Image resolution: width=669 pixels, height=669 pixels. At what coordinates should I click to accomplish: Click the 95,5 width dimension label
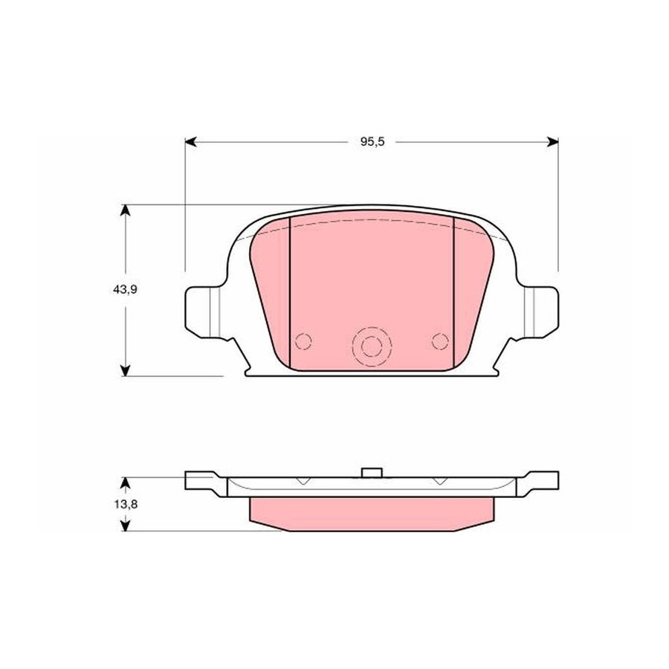(x=372, y=142)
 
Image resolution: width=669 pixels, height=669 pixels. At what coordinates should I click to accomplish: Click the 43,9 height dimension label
(x=125, y=290)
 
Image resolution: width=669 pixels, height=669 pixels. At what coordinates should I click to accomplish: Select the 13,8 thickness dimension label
(x=126, y=504)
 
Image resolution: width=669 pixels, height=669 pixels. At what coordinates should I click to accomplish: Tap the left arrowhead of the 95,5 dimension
(x=190, y=142)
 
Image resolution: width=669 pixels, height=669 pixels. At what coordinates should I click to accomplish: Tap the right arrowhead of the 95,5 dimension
(x=552, y=142)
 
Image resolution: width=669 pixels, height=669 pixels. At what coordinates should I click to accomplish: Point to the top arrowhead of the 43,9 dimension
(x=125, y=211)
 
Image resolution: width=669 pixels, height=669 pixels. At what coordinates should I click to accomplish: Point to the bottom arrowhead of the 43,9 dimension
(x=125, y=370)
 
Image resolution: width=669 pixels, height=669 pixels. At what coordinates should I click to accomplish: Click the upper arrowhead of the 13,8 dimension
(x=125, y=483)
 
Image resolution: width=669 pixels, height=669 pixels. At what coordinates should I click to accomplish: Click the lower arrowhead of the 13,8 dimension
(x=125, y=526)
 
